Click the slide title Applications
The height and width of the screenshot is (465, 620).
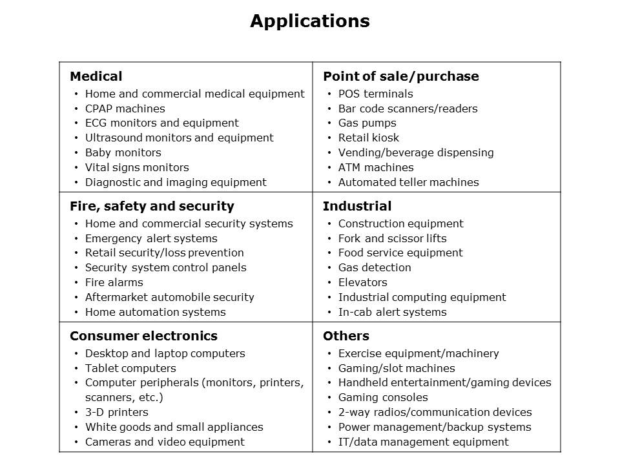click(x=310, y=21)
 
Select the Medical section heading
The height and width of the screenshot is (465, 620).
click(x=96, y=76)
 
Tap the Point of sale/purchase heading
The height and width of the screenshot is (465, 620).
click(x=400, y=76)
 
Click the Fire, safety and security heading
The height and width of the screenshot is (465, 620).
click(x=152, y=206)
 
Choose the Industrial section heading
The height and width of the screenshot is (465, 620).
click(x=357, y=206)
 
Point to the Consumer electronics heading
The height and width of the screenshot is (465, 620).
click(x=143, y=336)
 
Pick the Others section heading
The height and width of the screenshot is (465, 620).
click(x=346, y=336)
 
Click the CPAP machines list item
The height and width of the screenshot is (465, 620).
click(x=125, y=108)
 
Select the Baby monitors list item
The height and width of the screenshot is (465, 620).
click(x=123, y=152)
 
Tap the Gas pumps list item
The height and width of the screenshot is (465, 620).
click(x=367, y=123)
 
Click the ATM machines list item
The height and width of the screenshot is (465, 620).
click(x=376, y=167)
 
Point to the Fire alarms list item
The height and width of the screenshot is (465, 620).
click(x=114, y=282)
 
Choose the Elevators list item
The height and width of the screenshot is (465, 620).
click(x=362, y=282)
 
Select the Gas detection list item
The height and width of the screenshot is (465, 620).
click(x=374, y=267)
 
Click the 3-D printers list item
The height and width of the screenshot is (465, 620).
click(x=116, y=412)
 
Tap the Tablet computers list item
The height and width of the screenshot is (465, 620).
click(x=130, y=368)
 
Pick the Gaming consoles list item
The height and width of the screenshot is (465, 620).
click(x=383, y=397)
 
